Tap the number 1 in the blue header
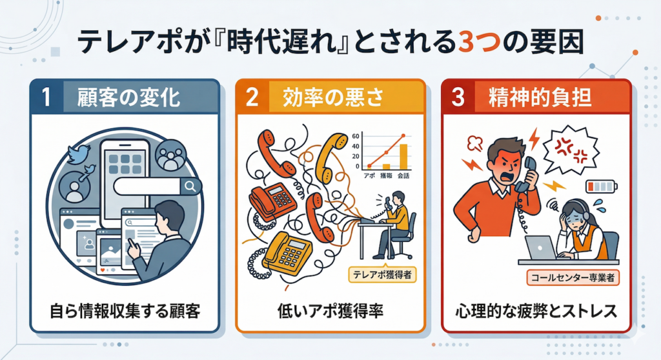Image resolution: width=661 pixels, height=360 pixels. [46, 97]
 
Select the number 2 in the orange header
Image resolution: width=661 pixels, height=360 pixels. [252, 97]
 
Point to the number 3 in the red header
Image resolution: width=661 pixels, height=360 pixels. [458, 97]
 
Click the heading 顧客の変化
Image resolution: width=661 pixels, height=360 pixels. [129, 97]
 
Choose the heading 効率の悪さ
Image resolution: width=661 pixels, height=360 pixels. [334, 97]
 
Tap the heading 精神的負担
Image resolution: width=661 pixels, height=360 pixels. [540, 97]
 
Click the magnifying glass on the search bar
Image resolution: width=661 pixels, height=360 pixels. [190, 186]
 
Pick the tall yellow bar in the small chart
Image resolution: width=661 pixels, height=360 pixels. [403, 157]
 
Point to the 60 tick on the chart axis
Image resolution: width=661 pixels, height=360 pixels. [356, 136]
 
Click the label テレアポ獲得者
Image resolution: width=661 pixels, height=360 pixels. [382, 275]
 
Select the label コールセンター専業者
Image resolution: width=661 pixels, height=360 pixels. [573, 278]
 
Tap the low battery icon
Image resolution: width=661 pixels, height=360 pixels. [602, 186]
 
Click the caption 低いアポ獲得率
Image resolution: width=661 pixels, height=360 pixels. [330, 311]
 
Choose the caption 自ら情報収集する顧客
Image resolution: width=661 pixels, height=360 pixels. [125, 311]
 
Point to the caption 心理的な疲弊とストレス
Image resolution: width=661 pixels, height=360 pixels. [536, 311]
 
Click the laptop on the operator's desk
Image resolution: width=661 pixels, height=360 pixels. [541, 248]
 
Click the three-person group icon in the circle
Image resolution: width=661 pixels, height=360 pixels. [170, 155]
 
